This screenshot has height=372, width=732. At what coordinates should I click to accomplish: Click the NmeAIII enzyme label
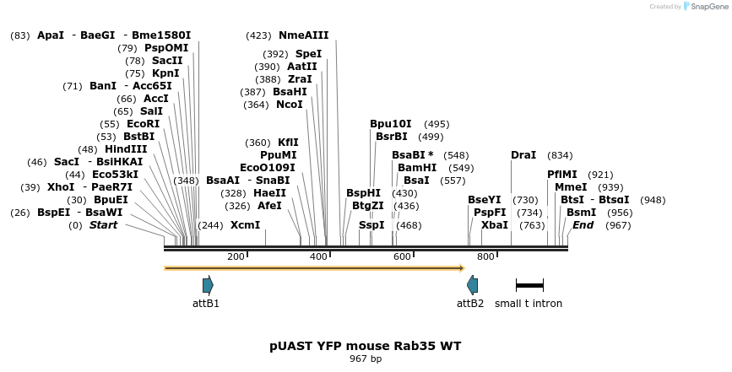coord(303,35)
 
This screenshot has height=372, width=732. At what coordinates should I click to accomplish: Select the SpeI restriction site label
coord(308,54)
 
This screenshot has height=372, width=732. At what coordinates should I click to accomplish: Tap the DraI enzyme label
coord(523,155)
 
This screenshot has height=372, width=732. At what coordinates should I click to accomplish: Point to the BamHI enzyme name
coord(417,168)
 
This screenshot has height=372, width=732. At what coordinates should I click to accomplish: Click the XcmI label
coord(245,225)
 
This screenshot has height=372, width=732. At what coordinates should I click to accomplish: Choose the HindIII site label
coord(126,149)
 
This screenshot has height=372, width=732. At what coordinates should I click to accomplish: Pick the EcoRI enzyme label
coord(143,124)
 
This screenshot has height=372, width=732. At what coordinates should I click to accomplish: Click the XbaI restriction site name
coord(495,225)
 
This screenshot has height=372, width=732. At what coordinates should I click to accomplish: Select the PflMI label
coord(562,175)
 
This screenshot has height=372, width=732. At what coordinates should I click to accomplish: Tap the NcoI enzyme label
coord(289,105)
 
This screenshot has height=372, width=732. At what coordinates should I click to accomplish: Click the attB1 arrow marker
coord(208,285)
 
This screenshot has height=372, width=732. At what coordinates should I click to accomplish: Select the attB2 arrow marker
coord(473,285)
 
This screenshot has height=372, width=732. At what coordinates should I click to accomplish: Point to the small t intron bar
coord(529,285)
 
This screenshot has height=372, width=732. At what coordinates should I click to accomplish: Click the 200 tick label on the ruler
coord(236,256)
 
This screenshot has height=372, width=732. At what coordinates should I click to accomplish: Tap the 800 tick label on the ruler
coord(485,256)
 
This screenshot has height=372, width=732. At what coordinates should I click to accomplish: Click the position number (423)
coord(258,35)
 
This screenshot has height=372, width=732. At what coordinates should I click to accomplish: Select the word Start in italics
coord(103,225)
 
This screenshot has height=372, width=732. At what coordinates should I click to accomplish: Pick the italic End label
coord(583,225)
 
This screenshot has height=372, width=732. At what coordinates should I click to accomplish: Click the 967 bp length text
coord(366,359)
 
